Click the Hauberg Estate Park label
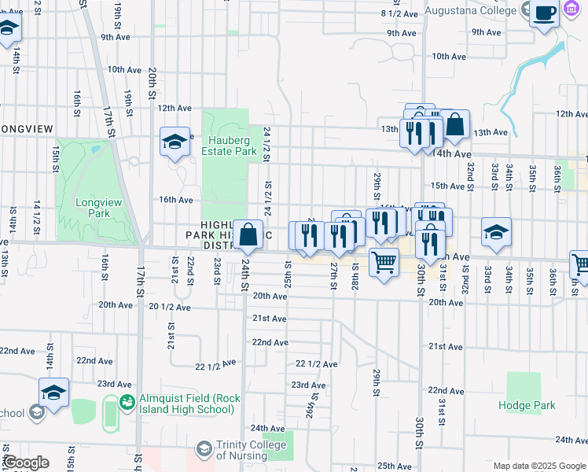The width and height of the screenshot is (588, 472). (x=229, y=145)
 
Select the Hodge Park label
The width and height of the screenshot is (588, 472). (x=527, y=406)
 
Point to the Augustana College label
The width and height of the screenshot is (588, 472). (x=470, y=11)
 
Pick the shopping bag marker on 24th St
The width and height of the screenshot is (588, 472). (x=248, y=234)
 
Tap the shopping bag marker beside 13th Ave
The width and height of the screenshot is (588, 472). (x=454, y=124)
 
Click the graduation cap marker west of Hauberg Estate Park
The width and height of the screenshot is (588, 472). (x=175, y=142)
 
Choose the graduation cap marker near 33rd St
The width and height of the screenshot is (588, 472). (x=496, y=233)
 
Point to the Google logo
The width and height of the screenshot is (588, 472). (x=25, y=462)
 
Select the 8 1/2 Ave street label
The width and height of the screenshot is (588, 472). (x=398, y=13)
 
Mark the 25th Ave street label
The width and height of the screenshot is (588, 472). (x=395, y=466)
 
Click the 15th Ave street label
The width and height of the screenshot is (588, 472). (x=449, y=186)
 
